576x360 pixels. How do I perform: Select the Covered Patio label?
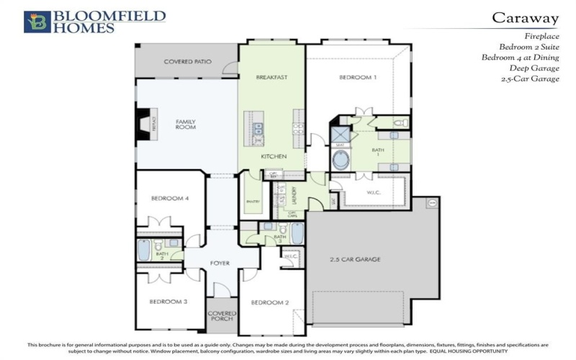[187, 62]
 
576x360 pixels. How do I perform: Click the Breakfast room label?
[272, 76]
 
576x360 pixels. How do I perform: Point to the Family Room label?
[186, 125]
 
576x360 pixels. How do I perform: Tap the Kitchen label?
[274, 156]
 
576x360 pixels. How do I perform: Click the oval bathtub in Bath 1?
[341, 159]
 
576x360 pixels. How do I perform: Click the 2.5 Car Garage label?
[355, 258]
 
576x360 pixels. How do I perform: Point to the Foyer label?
[220, 263]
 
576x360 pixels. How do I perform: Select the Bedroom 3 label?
[168, 302]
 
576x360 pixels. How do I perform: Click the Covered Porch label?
[222, 318]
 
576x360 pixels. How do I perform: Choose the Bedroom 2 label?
[270, 303]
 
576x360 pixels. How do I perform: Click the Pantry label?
[252, 202]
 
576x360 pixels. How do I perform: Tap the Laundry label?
[294, 196]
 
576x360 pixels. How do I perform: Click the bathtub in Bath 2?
[144, 251]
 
